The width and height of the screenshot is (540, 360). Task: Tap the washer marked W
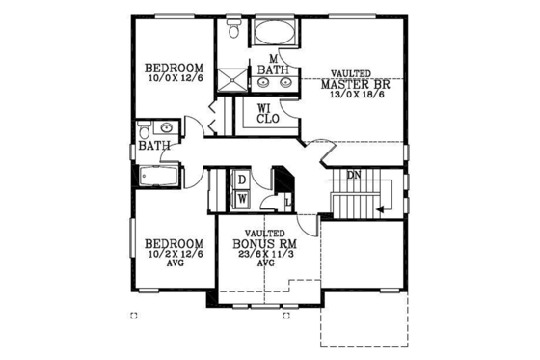242,198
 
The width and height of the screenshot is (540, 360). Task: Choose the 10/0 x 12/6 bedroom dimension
174,79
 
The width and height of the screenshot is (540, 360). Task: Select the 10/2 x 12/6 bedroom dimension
174,255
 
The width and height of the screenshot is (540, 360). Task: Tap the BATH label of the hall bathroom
154,147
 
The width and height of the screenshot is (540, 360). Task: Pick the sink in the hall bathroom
165,127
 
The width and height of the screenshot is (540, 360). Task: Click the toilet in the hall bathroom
145,130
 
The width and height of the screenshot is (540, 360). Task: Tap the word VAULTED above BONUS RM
262,234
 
